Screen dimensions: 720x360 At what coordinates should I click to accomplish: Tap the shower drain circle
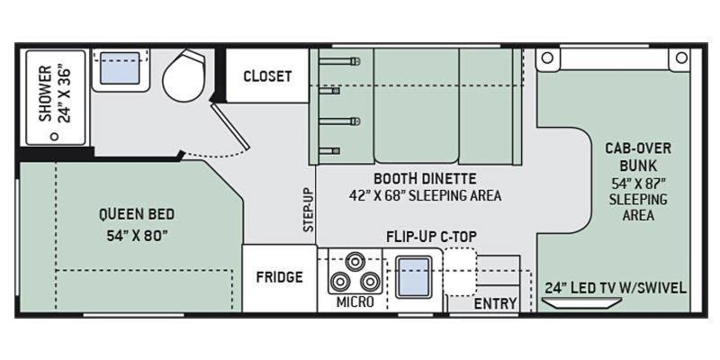click(55, 137)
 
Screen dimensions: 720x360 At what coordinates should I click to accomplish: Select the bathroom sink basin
click(120, 68)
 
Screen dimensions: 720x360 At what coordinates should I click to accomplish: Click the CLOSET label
click(267, 76)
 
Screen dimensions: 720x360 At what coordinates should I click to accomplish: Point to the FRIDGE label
click(279, 277)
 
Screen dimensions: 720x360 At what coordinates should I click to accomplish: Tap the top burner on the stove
click(355, 261)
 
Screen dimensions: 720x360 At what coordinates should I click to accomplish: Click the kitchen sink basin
click(413, 277)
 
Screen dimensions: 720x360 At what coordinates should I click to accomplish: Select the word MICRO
click(355, 301)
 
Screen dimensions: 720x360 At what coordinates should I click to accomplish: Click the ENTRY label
click(495, 303)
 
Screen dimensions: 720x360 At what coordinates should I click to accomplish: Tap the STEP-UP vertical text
click(309, 210)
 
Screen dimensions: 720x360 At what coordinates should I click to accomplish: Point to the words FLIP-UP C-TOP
click(431, 237)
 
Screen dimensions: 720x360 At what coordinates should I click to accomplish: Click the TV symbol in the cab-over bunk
click(581, 302)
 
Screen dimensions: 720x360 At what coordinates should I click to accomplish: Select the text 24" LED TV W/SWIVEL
click(616, 288)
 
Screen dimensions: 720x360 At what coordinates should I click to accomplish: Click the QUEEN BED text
click(137, 214)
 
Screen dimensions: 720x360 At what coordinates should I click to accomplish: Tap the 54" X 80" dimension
click(137, 236)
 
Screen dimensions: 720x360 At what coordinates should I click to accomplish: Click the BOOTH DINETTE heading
click(425, 177)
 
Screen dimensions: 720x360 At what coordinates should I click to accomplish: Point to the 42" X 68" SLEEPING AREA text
click(425, 195)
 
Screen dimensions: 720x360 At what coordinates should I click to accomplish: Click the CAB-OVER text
click(638, 148)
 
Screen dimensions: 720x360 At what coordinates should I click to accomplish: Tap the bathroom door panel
click(230, 126)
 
